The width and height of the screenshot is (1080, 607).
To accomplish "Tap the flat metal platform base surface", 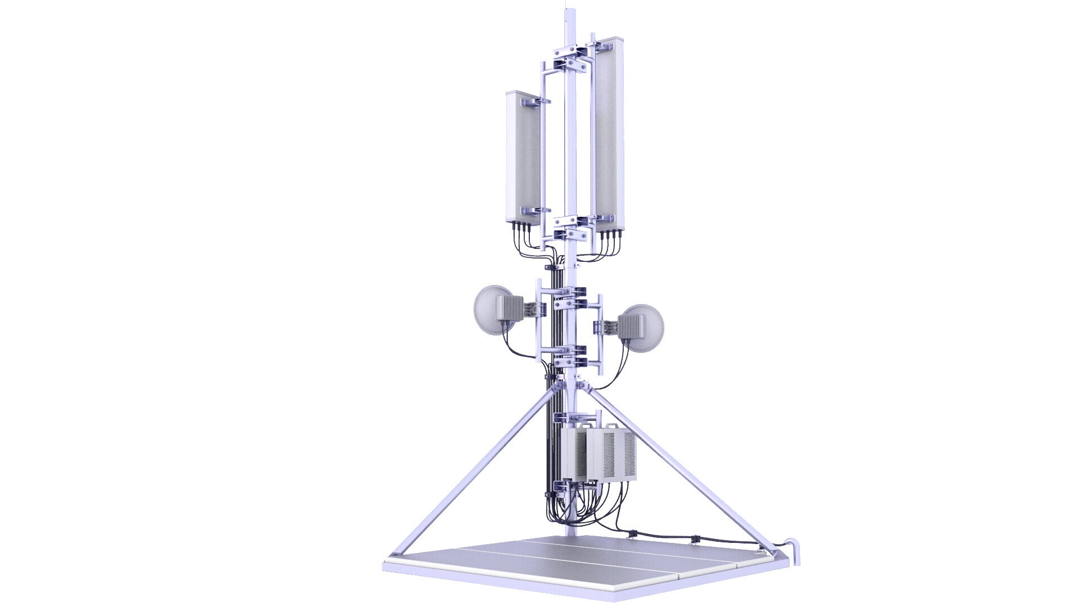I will pos(562,562).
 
